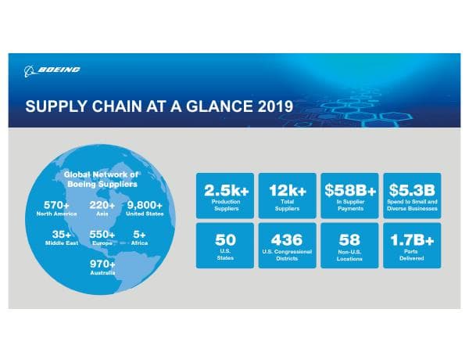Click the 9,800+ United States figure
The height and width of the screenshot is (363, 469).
click(x=145, y=208)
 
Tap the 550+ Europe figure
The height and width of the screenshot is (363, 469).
click(x=102, y=238)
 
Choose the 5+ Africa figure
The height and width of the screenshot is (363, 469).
click(x=140, y=238)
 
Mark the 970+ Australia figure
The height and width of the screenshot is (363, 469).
click(x=102, y=268)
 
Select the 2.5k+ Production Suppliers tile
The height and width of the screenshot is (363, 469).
click(x=225, y=196)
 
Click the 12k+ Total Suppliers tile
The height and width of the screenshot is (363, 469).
click(x=287, y=196)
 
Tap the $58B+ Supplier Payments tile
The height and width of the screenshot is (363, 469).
click(x=349, y=196)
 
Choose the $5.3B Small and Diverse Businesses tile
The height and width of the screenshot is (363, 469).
click(x=410, y=196)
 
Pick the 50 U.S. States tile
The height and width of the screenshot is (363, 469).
click(x=225, y=245)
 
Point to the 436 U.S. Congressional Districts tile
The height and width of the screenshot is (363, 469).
click(x=287, y=245)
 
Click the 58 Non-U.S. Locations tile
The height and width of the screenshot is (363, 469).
click(x=349, y=245)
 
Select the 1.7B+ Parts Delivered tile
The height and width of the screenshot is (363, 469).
click(x=410, y=245)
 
